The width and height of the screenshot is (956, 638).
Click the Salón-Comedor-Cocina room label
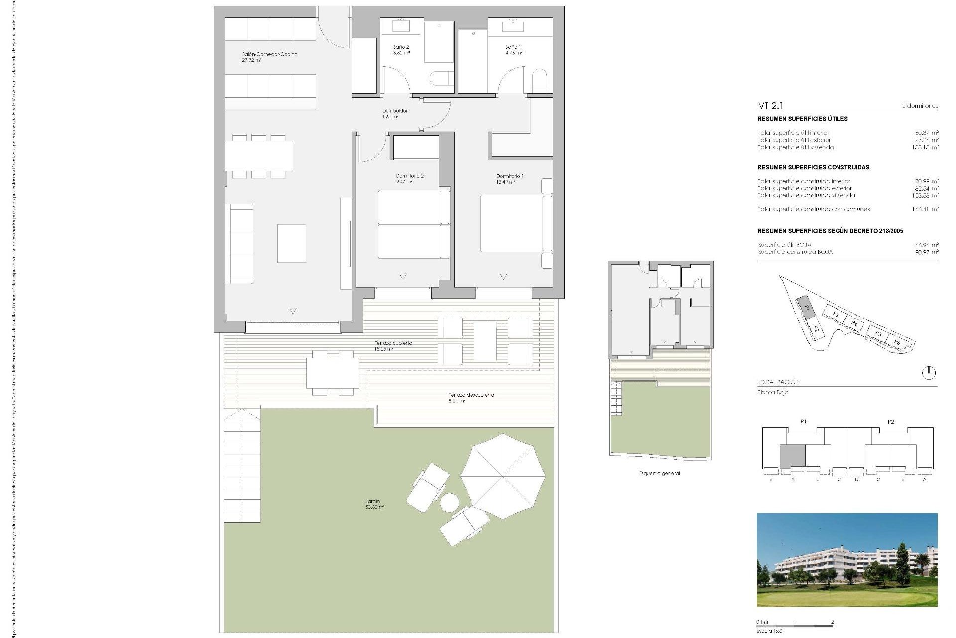point(269,54)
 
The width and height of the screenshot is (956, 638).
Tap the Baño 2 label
point(401,47)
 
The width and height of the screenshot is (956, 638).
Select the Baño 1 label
point(513,47)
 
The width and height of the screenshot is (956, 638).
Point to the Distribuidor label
point(395,111)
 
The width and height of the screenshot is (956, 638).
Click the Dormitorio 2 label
point(410,176)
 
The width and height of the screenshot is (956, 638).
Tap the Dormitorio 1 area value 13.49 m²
point(505,182)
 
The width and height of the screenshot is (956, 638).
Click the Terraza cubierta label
point(393,343)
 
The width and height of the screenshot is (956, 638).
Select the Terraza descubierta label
point(471,395)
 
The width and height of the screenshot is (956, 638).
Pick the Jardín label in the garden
point(372,501)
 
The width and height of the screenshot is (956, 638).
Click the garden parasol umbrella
point(503,476)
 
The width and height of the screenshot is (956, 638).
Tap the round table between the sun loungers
point(450,502)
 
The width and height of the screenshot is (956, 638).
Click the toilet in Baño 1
point(539,81)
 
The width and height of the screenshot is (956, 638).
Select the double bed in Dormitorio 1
point(513,223)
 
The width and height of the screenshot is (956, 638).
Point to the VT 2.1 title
point(770,105)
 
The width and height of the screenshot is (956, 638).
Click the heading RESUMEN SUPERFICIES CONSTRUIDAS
point(813,167)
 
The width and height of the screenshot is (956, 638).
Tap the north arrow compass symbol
point(929,372)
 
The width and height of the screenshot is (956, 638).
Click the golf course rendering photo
point(846,559)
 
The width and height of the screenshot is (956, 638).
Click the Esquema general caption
point(659,473)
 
